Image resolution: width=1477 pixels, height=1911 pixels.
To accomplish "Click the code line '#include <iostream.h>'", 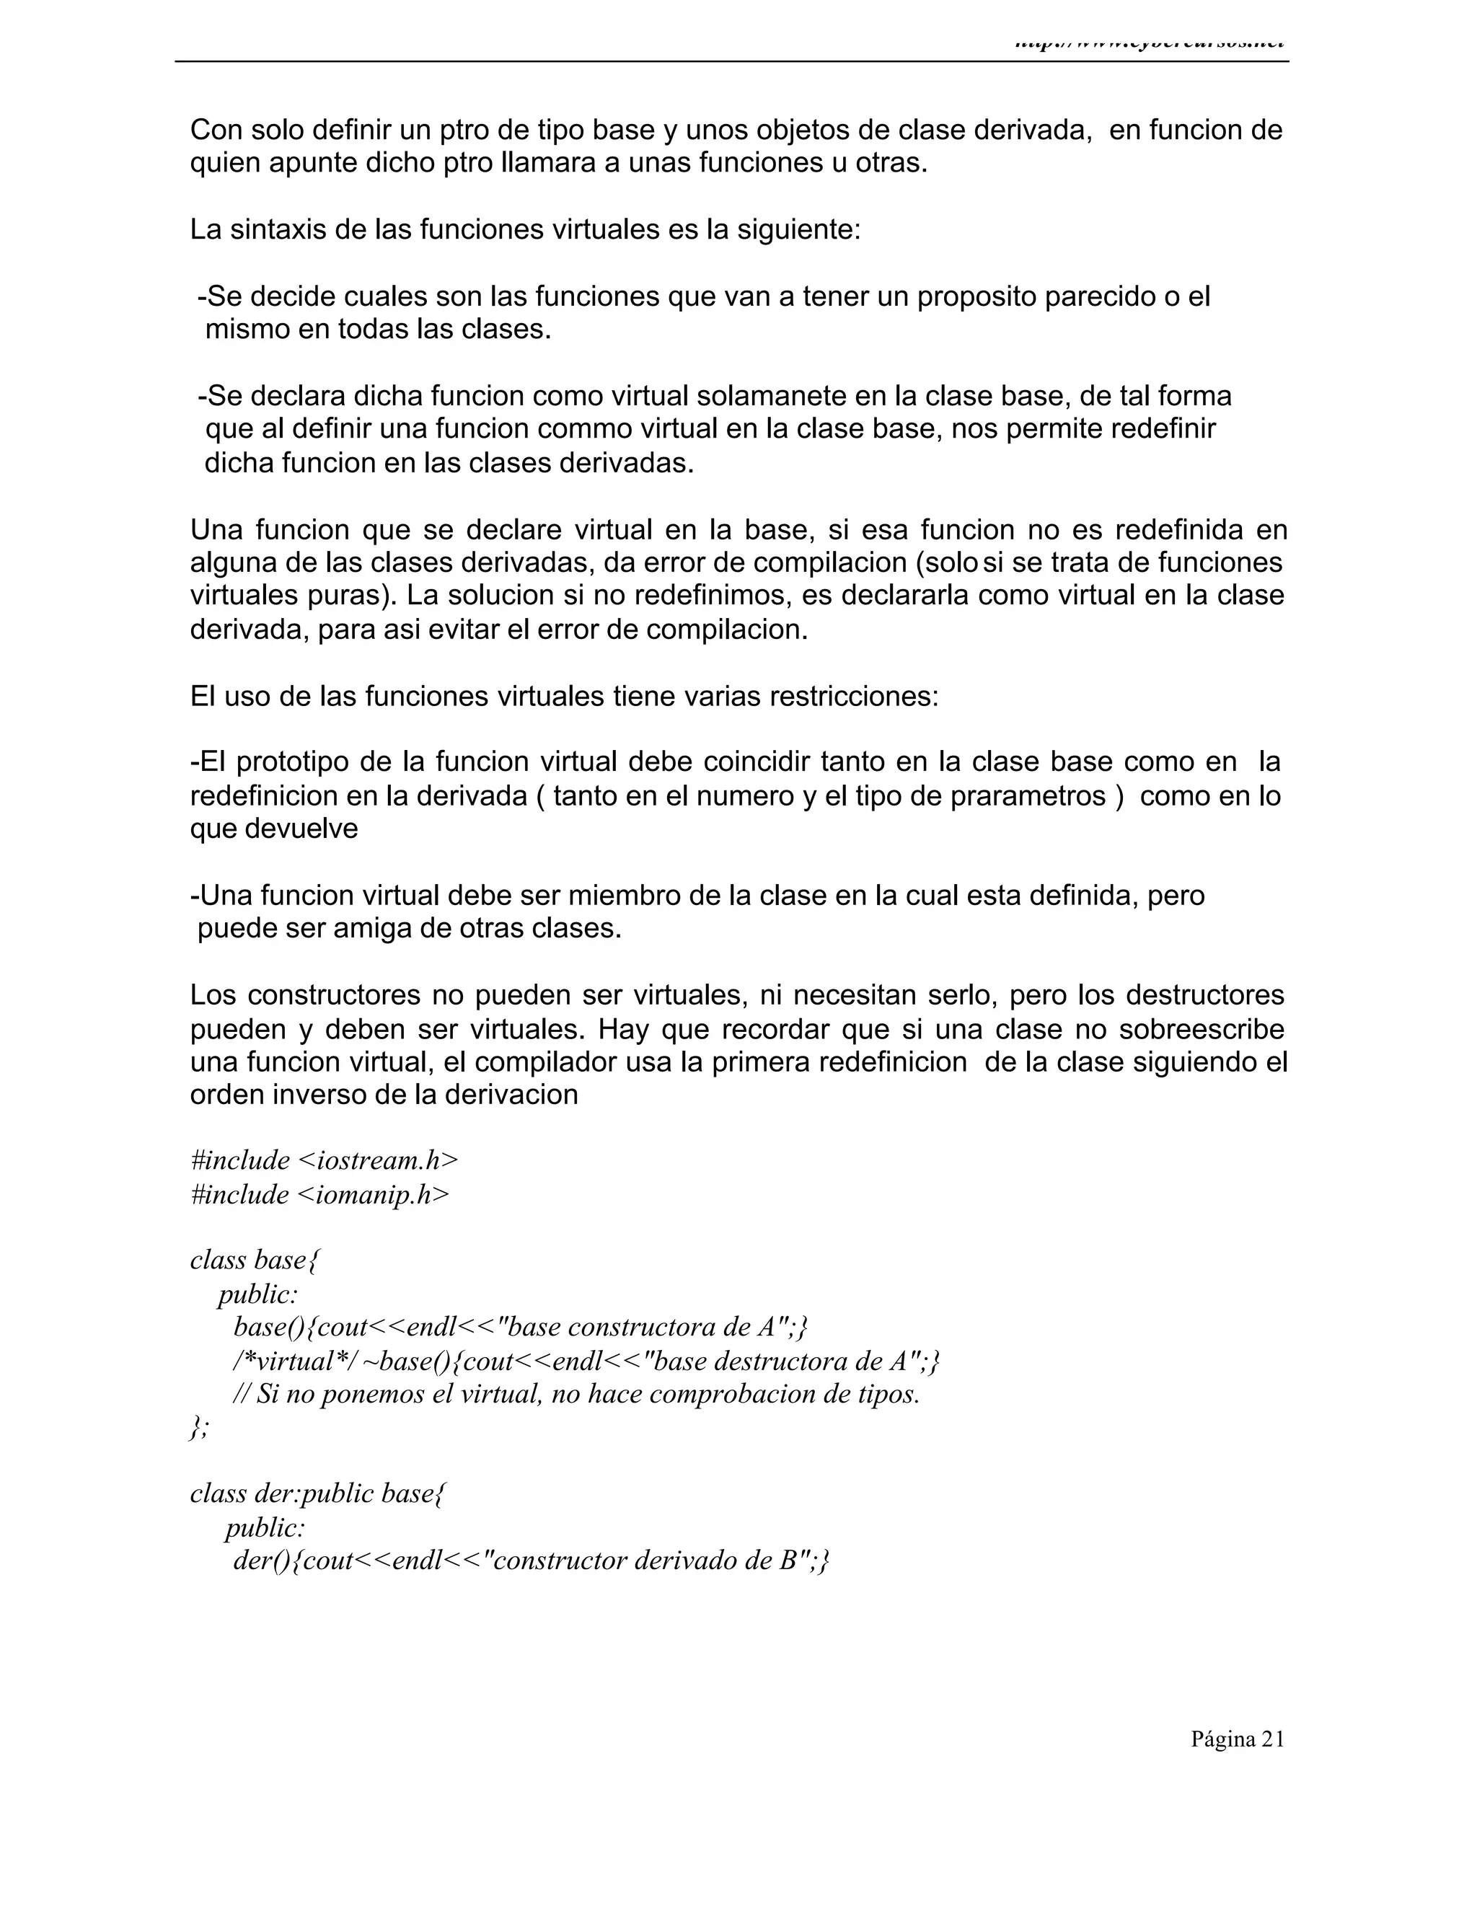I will pyautogui.click(x=324, y=1160).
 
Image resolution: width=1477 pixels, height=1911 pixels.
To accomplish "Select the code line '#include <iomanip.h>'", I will pyautogui.click(x=319, y=1194).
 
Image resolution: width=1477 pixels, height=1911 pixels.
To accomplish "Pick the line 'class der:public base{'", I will pyautogui.click(x=317, y=1493).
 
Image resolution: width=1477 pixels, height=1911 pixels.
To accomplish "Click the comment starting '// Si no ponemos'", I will pyautogui.click(x=576, y=1394).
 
